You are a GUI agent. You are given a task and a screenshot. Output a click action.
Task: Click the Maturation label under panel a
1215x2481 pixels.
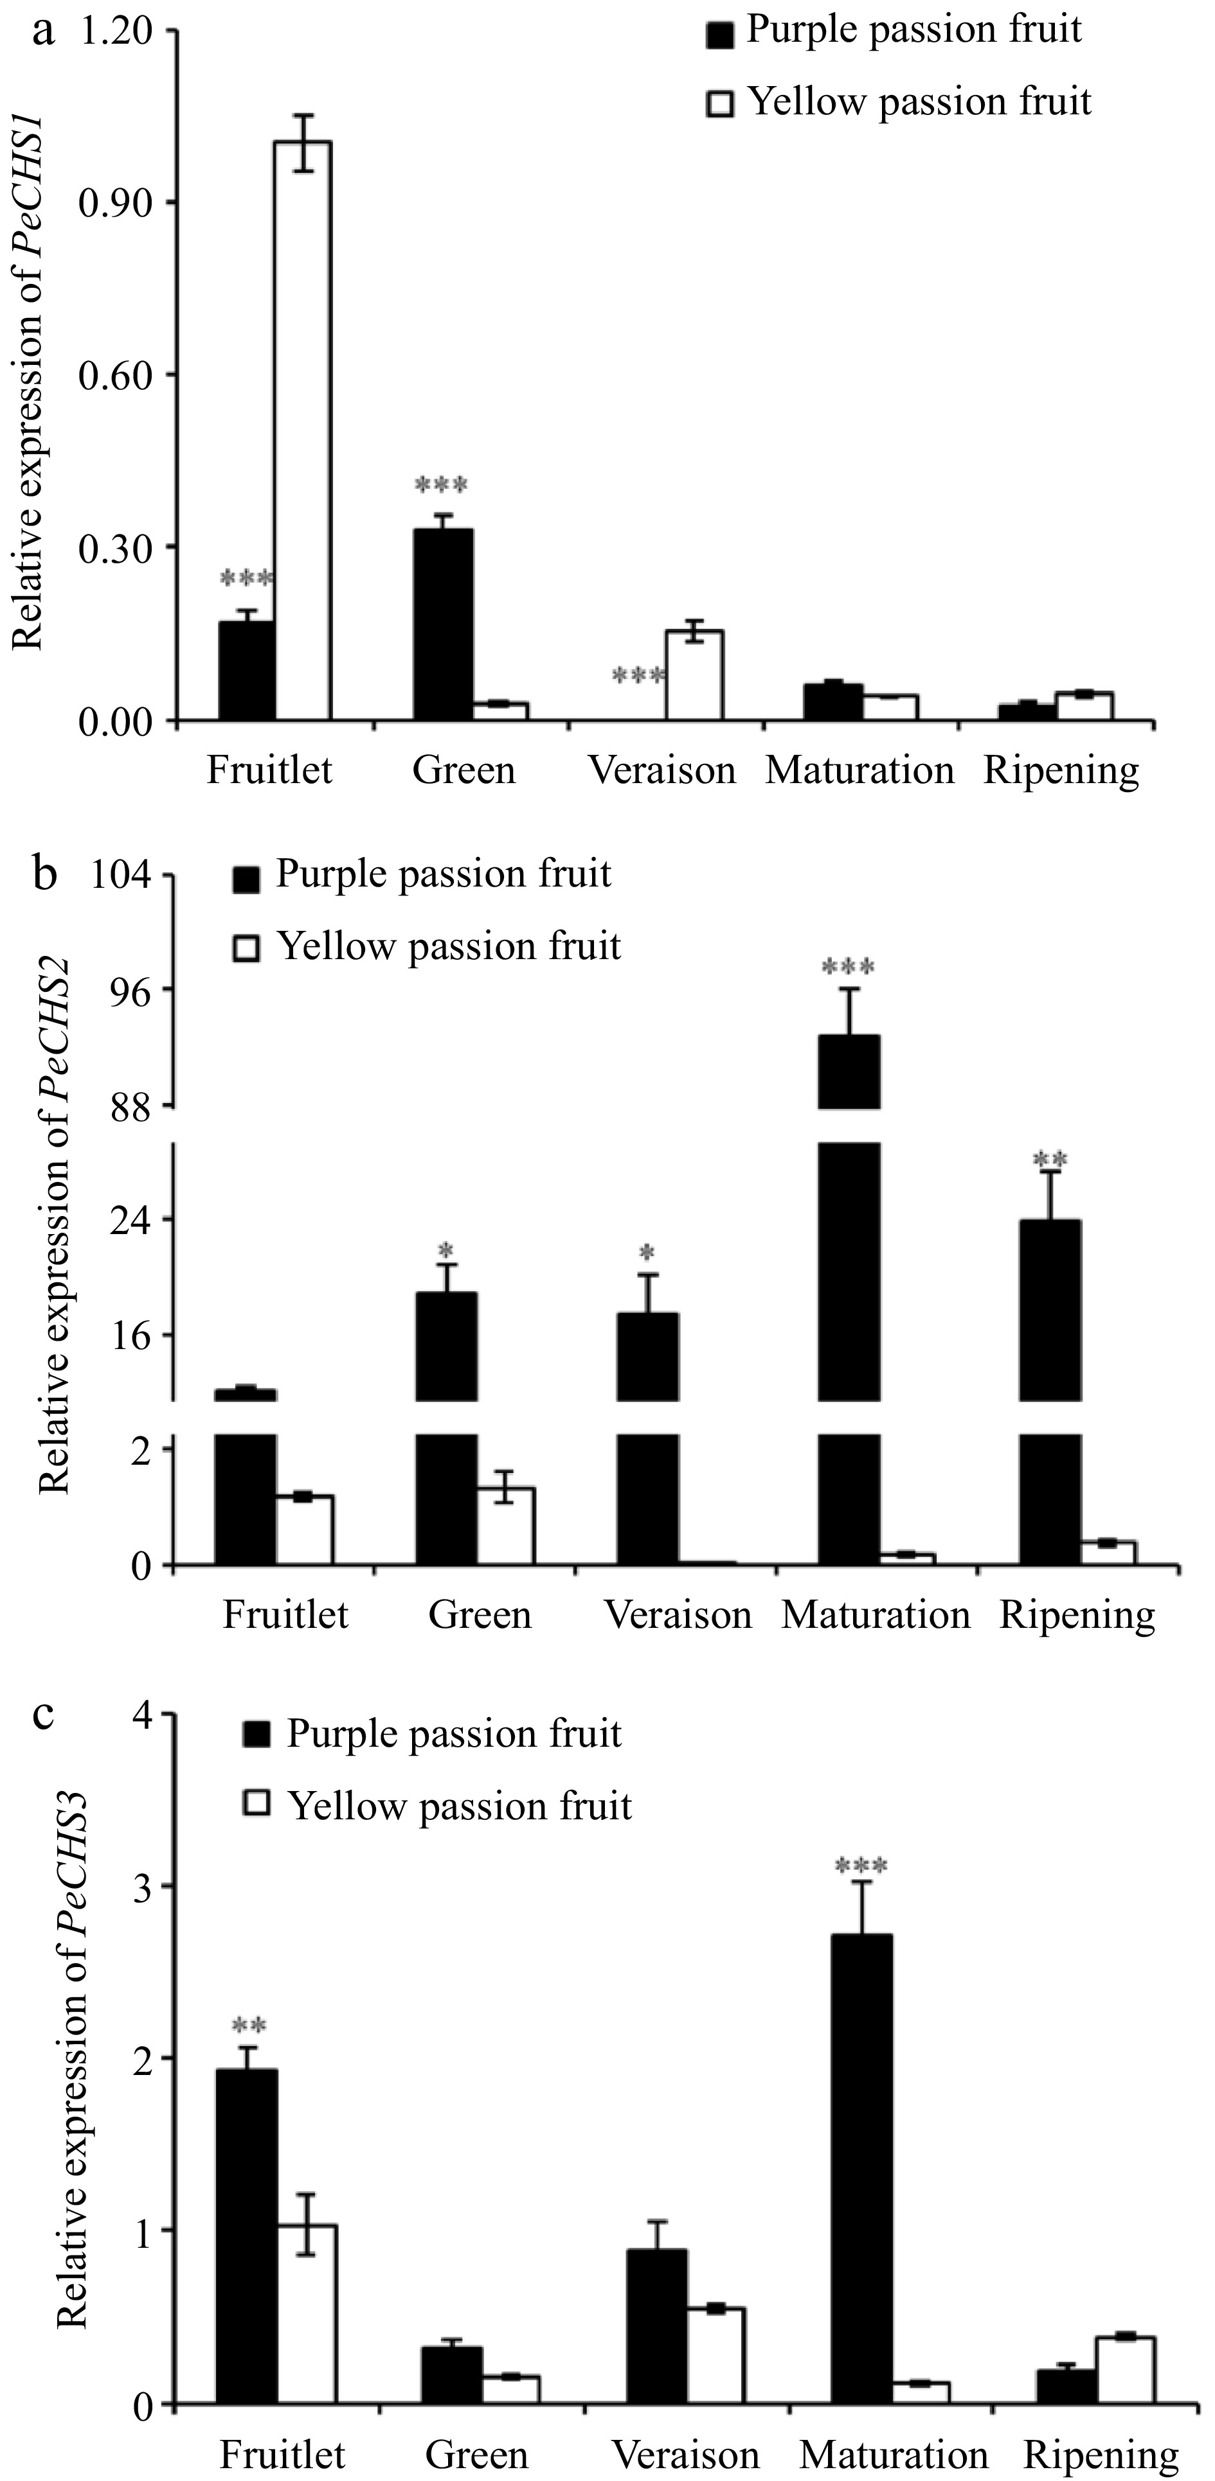(860, 770)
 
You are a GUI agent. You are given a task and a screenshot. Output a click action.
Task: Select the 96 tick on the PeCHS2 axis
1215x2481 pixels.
(125, 989)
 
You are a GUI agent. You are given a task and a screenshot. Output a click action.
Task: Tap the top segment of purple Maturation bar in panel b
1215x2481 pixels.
(849, 1071)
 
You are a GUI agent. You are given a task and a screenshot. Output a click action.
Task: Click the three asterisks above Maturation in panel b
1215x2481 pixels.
(849, 966)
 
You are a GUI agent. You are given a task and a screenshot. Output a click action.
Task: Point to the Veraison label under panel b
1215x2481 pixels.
(678, 1615)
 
